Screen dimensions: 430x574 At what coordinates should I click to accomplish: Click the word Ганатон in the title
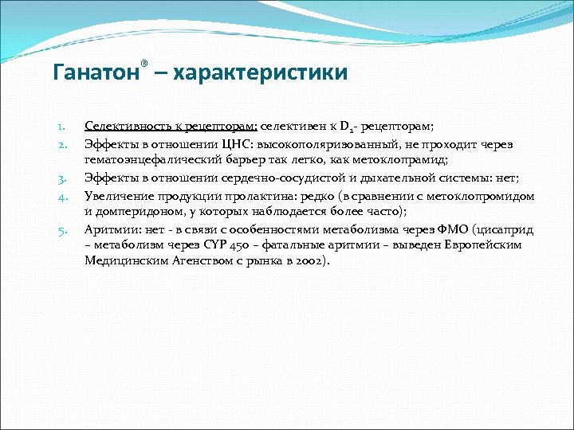pos(95,73)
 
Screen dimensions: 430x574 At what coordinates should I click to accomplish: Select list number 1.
pos(61,127)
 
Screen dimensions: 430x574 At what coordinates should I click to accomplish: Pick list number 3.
pos(61,178)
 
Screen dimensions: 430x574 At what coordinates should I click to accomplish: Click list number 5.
pos(61,230)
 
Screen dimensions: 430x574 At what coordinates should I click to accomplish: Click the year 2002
pos(307,261)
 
